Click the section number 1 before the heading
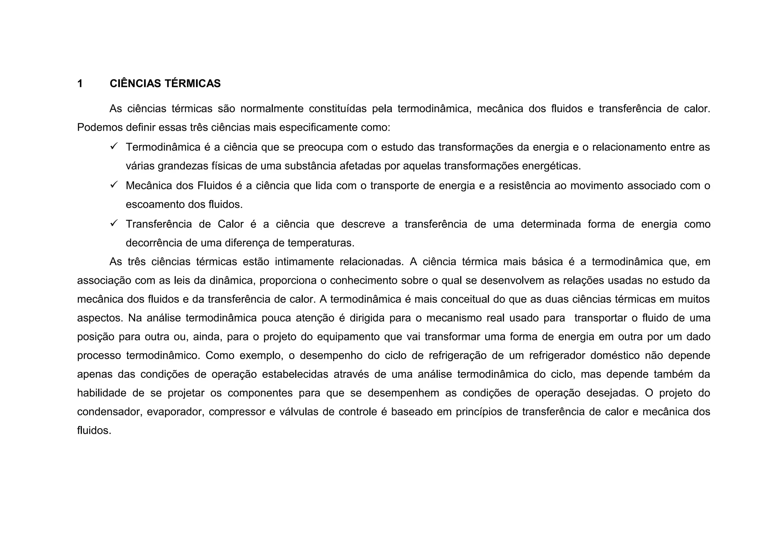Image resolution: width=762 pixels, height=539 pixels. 80,83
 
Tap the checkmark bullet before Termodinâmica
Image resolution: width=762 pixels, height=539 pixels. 114,146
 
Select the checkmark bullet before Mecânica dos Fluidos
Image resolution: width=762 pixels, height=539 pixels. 114,184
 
